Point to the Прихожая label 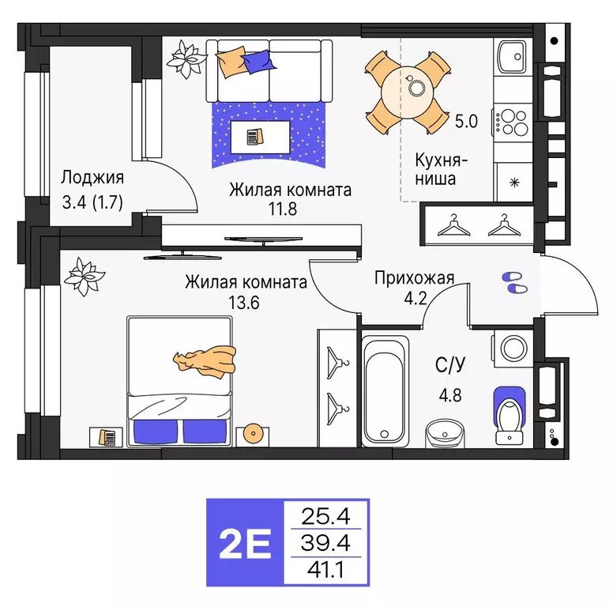tap(414, 277)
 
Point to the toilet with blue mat tap(510, 414)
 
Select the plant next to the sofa tap(186, 60)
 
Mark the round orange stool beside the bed tap(254, 433)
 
